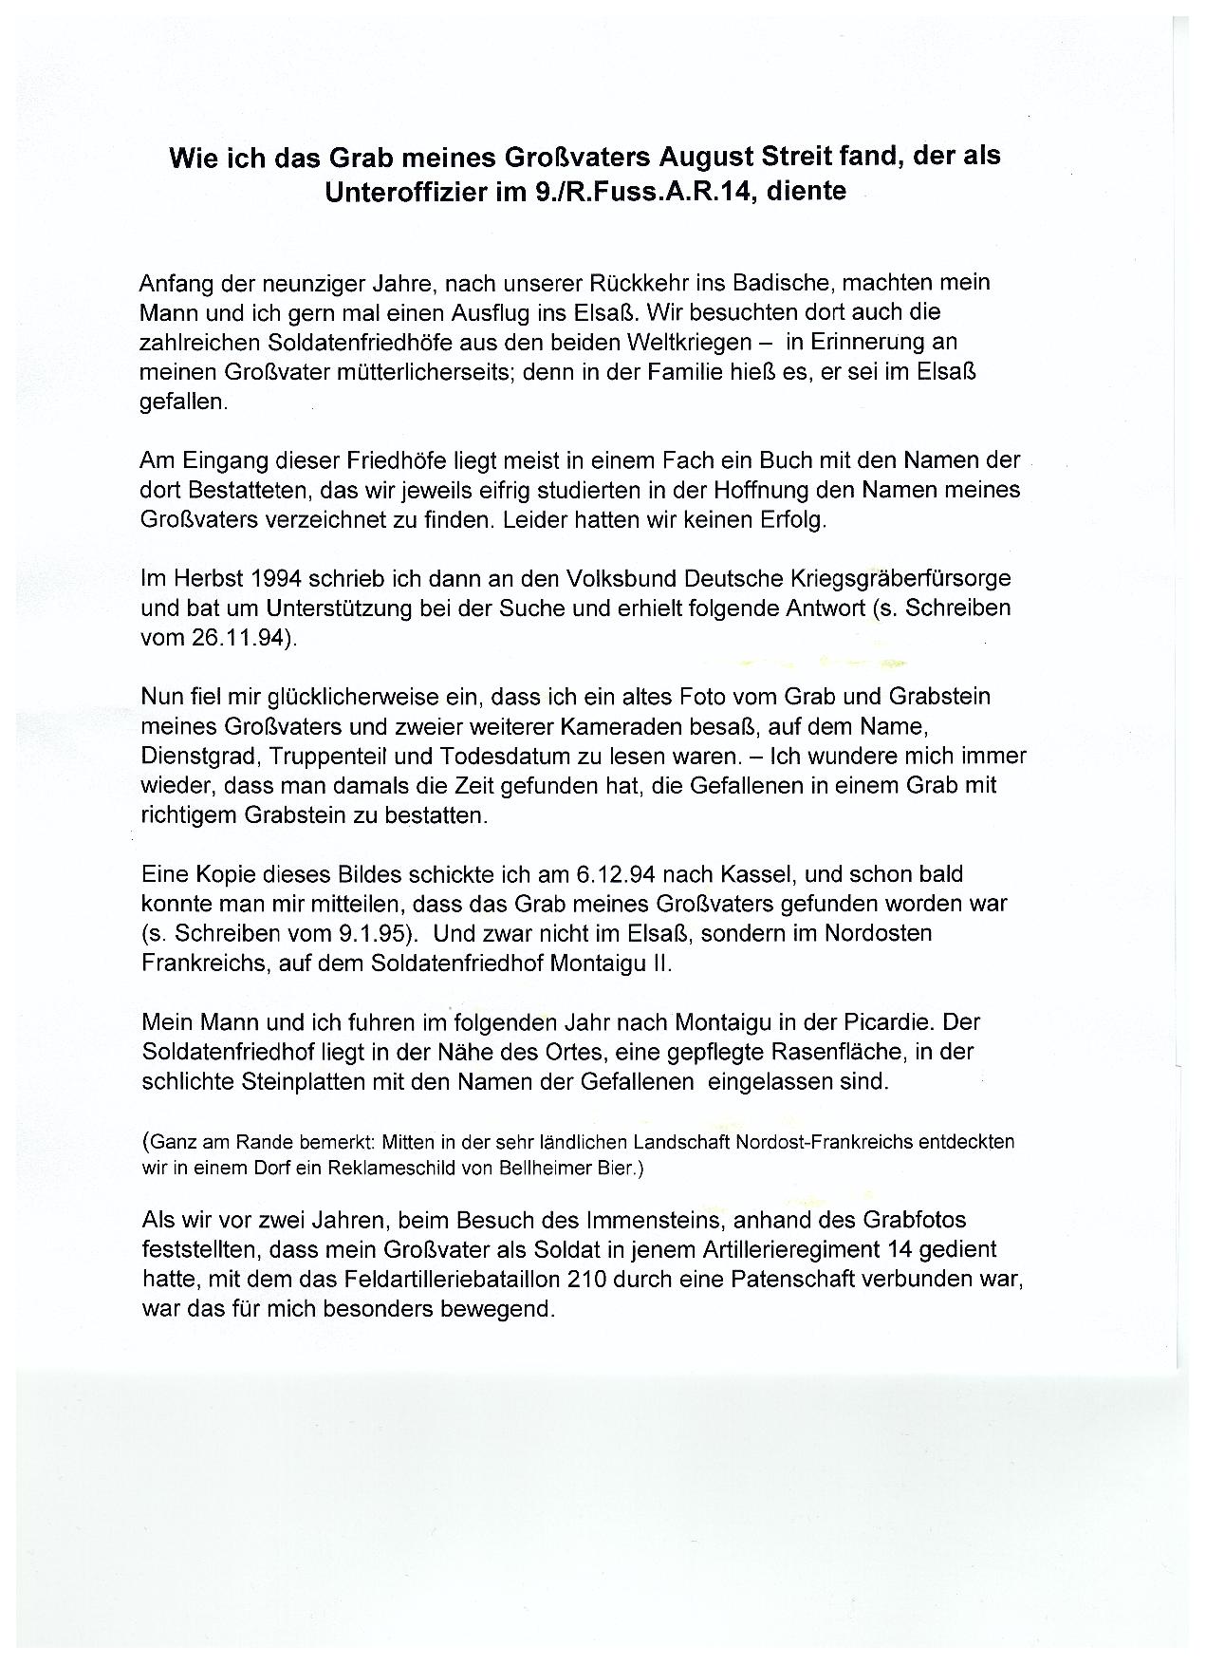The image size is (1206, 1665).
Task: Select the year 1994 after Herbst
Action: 259,578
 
